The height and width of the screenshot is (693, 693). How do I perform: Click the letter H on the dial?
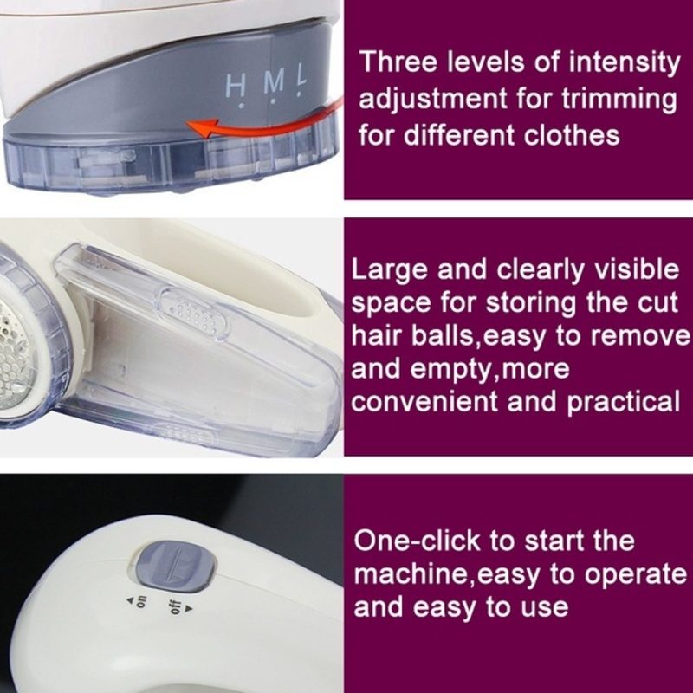(235, 86)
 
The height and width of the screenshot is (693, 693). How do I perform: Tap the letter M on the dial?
(274, 81)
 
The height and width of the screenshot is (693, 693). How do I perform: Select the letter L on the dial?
(301, 75)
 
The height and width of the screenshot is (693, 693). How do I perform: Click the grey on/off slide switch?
(175, 567)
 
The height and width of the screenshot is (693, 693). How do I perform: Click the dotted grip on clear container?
(194, 314)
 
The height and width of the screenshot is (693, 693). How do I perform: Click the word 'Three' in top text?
(398, 62)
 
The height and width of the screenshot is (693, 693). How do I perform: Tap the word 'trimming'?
(619, 100)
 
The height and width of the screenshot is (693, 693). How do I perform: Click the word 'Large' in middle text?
(389, 270)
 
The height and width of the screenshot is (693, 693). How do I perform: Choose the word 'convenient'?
(424, 402)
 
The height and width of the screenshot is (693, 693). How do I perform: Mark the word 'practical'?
(623, 402)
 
